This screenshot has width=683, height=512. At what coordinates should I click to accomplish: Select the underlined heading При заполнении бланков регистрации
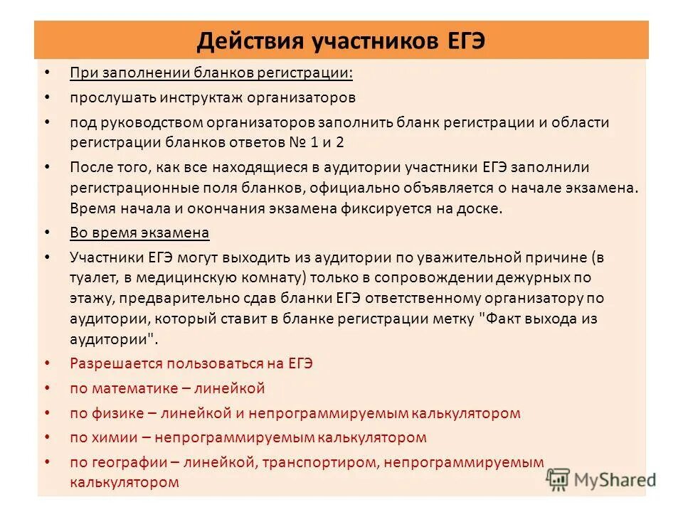tap(211, 73)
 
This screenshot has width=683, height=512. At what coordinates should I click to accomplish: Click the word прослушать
tap(113, 97)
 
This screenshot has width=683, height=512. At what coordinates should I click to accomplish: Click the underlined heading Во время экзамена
tap(139, 233)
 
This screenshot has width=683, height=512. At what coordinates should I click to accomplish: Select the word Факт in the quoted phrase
tap(502, 319)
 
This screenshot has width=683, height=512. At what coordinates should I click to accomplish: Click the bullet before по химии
tap(47, 437)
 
